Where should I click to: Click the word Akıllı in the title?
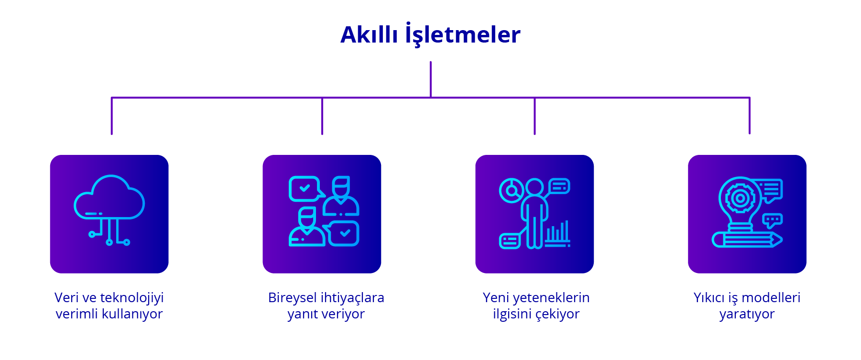(369, 35)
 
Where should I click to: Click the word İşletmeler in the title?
(462, 35)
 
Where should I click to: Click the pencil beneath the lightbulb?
(747, 240)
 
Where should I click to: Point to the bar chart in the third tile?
(557, 234)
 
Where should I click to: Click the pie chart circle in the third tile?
(512, 190)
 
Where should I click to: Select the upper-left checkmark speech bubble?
(305, 188)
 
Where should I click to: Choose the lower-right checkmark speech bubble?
(343, 234)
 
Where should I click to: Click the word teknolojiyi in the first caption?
(131, 298)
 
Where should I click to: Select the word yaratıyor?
(747, 314)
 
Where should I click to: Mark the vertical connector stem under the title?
(431, 79)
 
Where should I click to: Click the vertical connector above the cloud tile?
(112, 116)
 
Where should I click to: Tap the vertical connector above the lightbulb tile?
(749, 116)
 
